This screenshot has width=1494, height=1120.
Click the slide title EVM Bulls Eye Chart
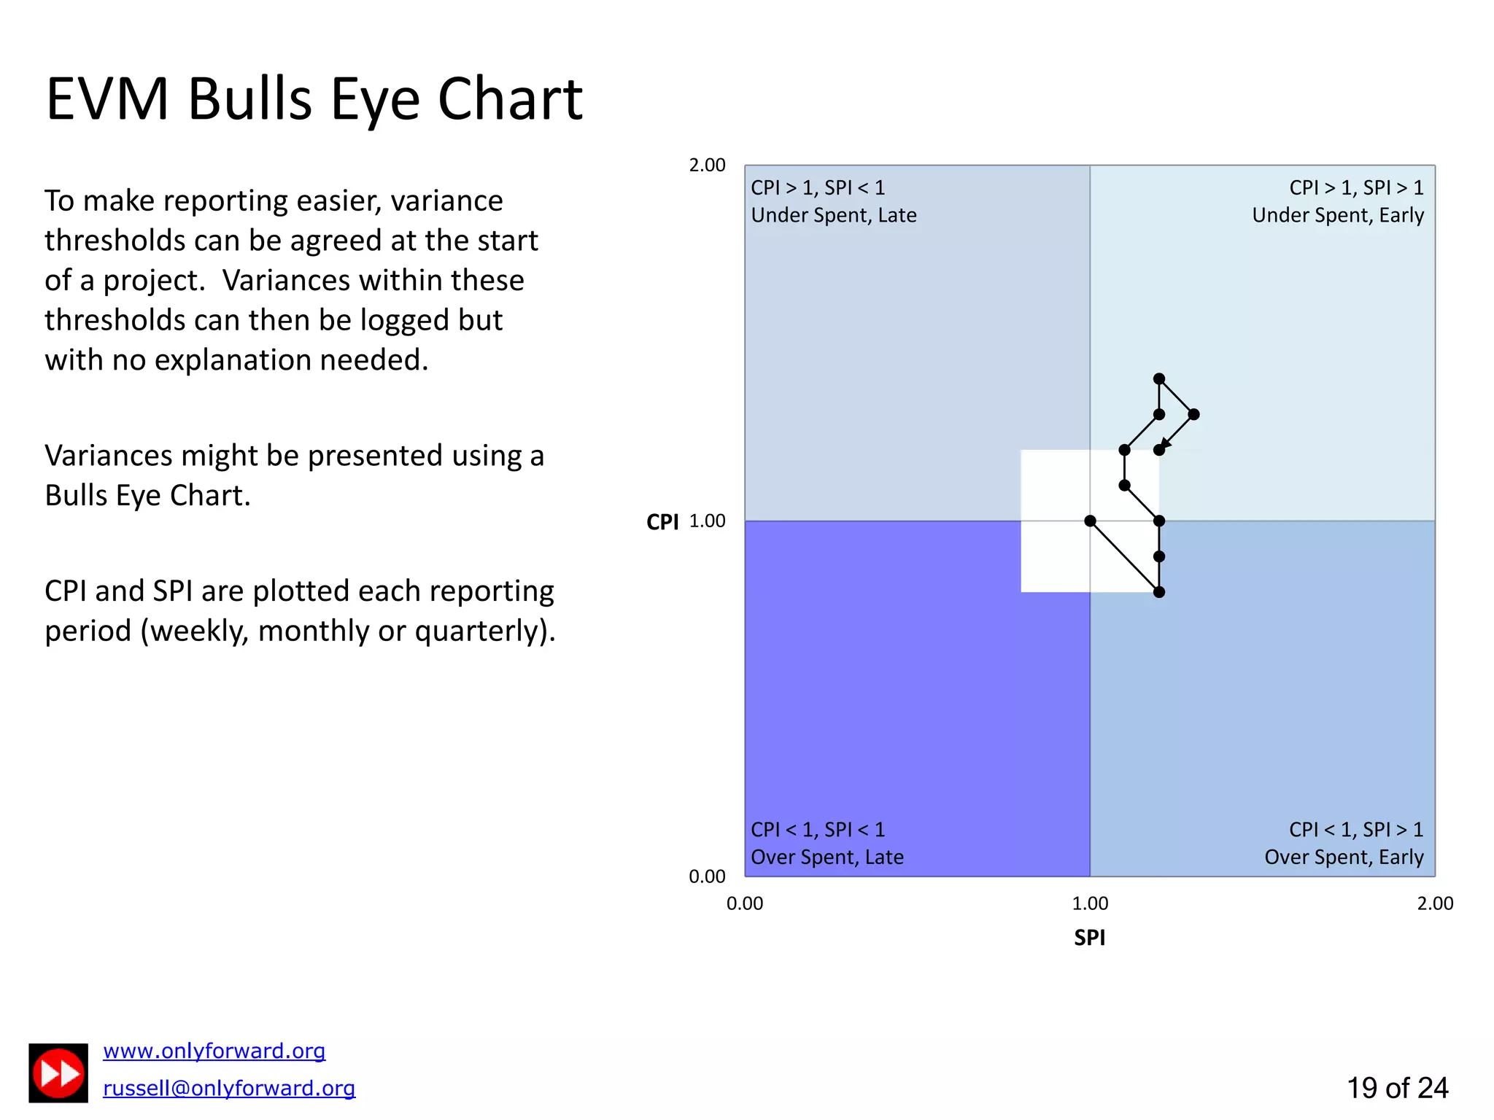click(x=314, y=99)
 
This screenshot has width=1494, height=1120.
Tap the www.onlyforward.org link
click(x=214, y=1051)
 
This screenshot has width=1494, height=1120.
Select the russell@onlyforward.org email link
click(x=228, y=1088)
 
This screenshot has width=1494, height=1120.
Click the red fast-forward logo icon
click(x=58, y=1073)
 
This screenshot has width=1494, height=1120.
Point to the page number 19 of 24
click(x=1396, y=1088)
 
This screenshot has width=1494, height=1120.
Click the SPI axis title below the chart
click(x=1089, y=938)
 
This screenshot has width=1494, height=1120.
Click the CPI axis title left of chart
click(x=662, y=522)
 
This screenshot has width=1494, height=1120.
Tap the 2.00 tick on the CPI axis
click(x=707, y=166)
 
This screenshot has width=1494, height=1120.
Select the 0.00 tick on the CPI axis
click(x=707, y=876)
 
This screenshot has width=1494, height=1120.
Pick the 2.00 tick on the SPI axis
click(x=1435, y=904)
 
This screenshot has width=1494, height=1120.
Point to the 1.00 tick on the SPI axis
click(x=1090, y=904)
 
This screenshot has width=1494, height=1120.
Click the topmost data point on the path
click(x=1159, y=378)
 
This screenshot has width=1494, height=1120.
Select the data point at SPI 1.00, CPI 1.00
click(x=1090, y=521)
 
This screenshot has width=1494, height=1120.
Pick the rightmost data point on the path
click(x=1193, y=414)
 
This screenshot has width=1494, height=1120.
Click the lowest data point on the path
click(x=1159, y=592)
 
